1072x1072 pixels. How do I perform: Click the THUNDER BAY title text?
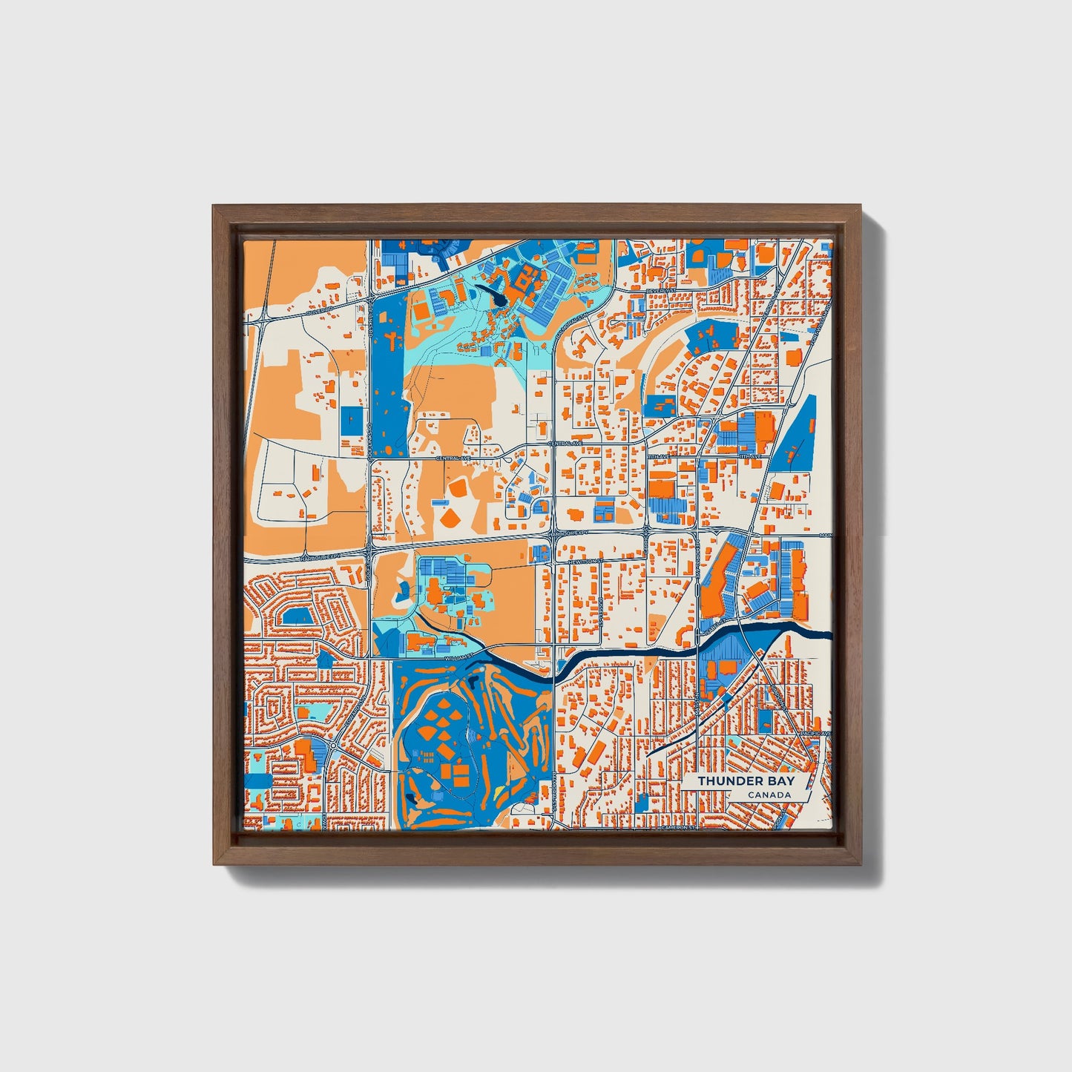click(x=746, y=781)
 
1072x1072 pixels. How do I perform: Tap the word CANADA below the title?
click(x=769, y=795)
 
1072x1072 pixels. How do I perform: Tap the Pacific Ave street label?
click(x=815, y=733)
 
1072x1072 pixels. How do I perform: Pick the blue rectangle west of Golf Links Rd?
click(x=352, y=421)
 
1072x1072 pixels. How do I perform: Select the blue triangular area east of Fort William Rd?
click(x=795, y=434)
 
